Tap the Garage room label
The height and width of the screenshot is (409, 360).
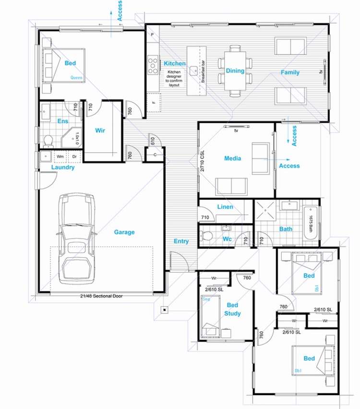point(124,232)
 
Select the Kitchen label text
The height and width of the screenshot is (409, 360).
point(174,63)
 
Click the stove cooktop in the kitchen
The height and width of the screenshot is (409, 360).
point(153,65)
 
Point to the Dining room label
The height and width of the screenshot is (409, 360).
point(235,71)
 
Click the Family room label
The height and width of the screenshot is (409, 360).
point(290,73)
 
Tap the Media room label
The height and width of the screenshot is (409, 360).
point(232,158)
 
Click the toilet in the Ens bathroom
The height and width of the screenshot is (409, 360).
point(48,141)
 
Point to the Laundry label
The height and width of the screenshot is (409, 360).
point(63,168)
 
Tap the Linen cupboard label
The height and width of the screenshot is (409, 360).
point(225,207)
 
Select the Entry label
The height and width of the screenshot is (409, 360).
point(181,241)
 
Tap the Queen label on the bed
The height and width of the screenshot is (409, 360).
point(76,77)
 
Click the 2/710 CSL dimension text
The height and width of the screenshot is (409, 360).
point(203,160)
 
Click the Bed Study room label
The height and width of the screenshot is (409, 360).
point(232,310)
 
